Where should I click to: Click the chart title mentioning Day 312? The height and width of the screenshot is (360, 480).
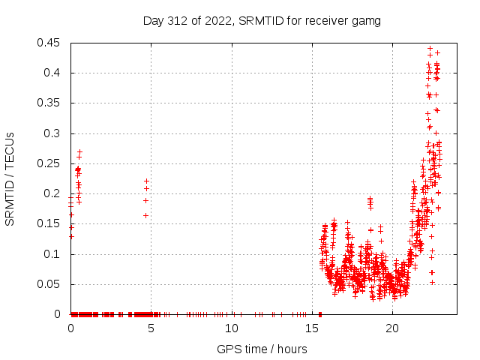(262, 21)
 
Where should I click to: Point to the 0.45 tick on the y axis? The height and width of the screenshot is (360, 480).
(49, 43)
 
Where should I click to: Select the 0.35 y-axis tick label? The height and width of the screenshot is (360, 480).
(49, 103)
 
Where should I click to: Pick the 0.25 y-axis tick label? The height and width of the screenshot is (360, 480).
(49, 163)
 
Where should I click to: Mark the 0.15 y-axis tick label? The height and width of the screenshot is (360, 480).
(49, 223)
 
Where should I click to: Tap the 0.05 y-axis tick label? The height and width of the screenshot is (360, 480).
(49, 284)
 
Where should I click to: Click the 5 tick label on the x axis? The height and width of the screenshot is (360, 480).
(151, 328)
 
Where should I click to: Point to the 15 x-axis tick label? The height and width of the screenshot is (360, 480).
(311, 328)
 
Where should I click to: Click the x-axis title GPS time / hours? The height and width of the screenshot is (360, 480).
(262, 349)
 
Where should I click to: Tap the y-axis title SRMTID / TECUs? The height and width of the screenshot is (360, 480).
(10, 178)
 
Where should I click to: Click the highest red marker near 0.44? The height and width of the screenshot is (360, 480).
(430, 48)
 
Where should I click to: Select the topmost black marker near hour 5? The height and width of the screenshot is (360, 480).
(146, 181)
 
